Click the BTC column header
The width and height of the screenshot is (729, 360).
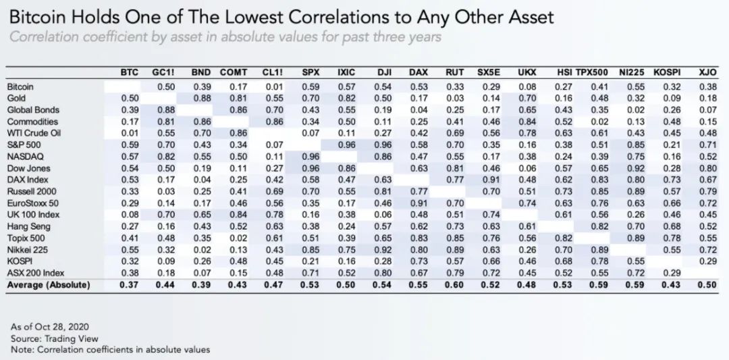tap(129, 72)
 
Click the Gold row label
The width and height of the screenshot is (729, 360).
tap(16, 99)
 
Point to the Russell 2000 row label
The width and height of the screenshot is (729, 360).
tap(31, 191)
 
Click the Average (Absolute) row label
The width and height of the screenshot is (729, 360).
tap(48, 285)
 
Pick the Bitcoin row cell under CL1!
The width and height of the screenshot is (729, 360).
tap(273, 87)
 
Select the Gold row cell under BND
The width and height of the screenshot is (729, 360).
tap(201, 99)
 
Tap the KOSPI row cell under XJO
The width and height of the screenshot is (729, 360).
tap(707, 261)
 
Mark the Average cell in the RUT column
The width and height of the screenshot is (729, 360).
tap(455, 285)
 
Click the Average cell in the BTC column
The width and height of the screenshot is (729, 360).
tap(129, 285)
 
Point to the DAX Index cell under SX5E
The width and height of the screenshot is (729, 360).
tap(491, 180)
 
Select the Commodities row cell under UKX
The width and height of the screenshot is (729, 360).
tap(527, 122)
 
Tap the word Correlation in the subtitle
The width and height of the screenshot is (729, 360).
tap(45, 36)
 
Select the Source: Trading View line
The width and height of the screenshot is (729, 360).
tap(55, 338)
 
